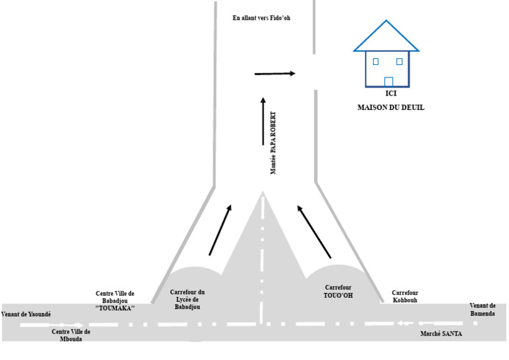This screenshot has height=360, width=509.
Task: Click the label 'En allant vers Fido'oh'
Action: [261, 18]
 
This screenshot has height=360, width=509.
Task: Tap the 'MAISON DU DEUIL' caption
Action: [391, 107]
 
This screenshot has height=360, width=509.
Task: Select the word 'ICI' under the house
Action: [391, 93]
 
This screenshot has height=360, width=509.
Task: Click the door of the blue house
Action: [388, 82]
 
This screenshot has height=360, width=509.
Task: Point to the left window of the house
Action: [376, 62]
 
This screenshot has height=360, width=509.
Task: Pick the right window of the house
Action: [400, 62]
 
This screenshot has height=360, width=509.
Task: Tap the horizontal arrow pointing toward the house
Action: [275, 74]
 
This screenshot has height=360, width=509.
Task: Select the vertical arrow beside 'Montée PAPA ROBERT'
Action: [263, 121]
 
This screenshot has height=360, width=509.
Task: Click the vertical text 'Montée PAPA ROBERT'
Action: [273, 143]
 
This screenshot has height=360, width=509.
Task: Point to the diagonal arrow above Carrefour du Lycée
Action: [220, 230]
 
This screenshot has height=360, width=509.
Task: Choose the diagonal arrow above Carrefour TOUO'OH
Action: [314, 232]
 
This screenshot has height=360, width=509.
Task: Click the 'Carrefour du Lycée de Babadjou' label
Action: [188, 299]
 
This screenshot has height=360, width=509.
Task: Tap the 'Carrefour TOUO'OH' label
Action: [338, 292]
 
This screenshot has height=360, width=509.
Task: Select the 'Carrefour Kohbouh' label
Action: [405, 296]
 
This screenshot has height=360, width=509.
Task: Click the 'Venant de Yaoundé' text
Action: [26, 314]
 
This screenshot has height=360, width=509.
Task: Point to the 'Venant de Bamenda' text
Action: [482, 310]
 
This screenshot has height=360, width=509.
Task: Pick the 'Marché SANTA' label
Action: [441, 333]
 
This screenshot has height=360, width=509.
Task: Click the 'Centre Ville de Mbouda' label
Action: [71, 335]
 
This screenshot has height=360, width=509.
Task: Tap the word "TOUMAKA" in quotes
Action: [115, 308]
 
